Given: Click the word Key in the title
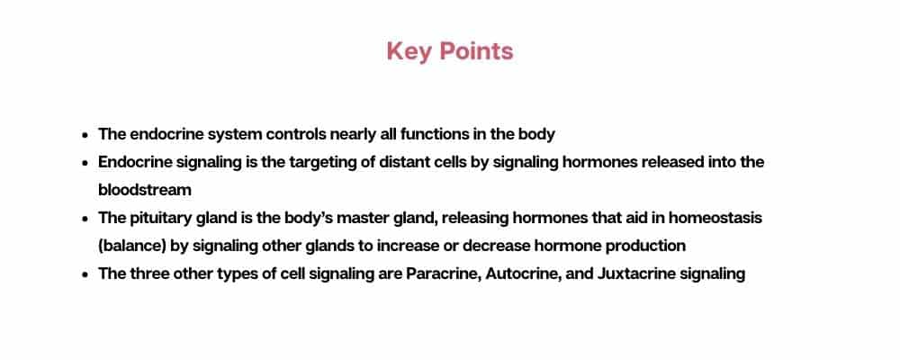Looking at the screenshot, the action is (409, 52).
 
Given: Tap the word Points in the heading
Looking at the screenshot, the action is (476, 51).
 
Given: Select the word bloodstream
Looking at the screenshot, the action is (145, 190).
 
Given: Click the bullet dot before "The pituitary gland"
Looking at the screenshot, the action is (85, 219).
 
